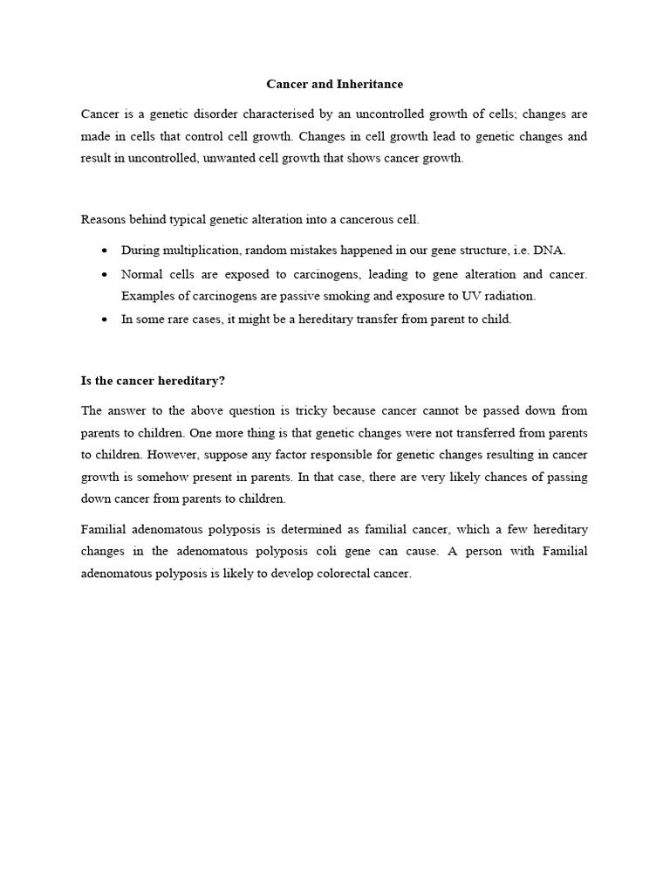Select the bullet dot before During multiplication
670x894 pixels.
pyautogui.click(x=105, y=251)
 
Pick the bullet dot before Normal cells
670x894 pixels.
pyautogui.click(x=105, y=274)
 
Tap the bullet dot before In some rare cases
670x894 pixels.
pyautogui.click(x=105, y=320)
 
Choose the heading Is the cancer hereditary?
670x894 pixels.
pyautogui.click(x=153, y=380)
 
